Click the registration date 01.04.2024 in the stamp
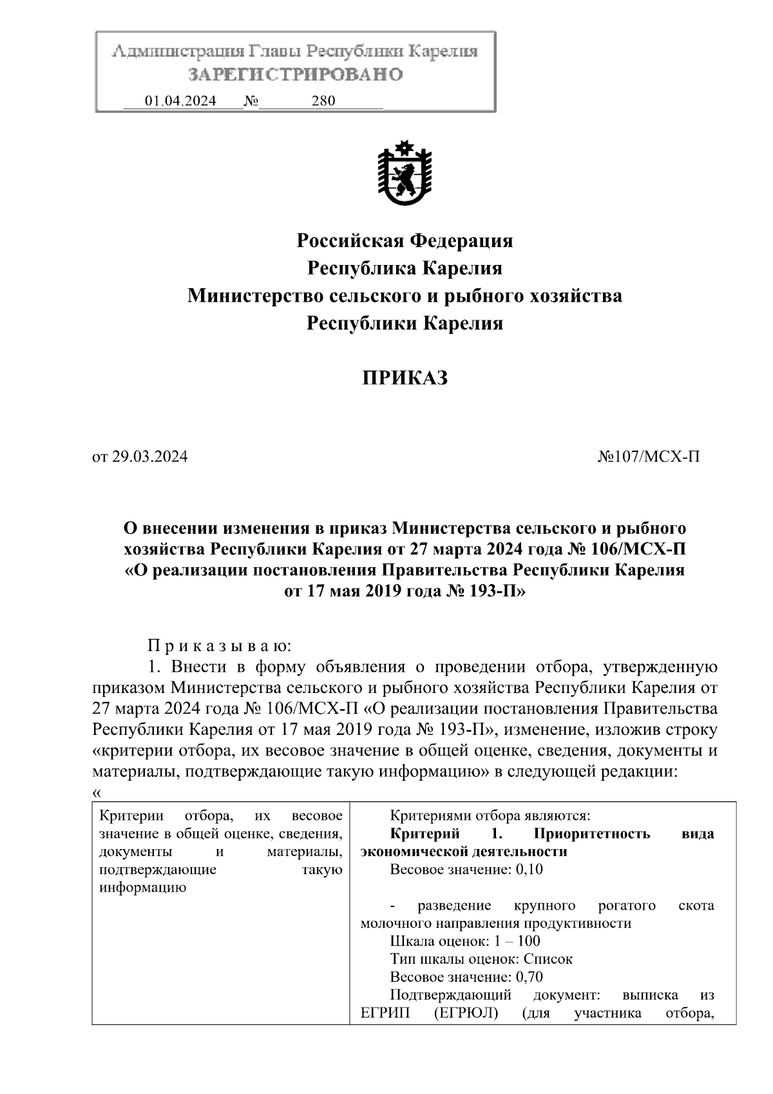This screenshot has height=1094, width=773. [x=180, y=101]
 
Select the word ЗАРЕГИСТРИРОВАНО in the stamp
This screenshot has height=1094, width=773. [x=296, y=75]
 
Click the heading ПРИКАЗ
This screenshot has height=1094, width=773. [x=404, y=378]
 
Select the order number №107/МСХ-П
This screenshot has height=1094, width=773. [x=648, y=457]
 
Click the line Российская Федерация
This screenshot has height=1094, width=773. [x=405, y=241]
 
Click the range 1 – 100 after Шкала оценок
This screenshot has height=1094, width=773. [x=517, y=941]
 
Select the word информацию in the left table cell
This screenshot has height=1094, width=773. [x=142, y=887]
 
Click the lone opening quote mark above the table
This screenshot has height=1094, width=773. [x=97, y=793]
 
